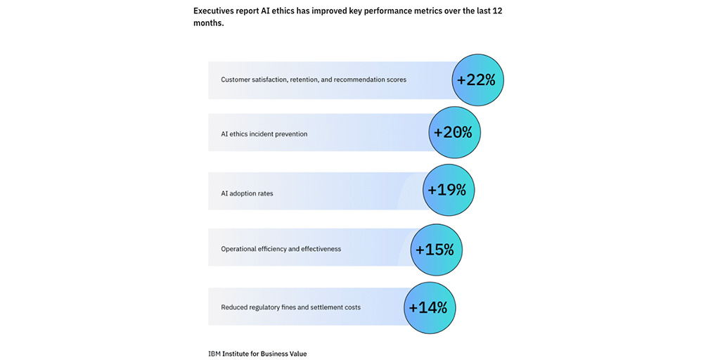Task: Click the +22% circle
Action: click(478, 80)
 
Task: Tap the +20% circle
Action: click(454, 132)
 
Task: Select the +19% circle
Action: click(449, 190)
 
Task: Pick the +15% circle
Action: click(436, 250)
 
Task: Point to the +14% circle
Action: click(430, 307)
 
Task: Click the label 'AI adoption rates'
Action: click(247, 193)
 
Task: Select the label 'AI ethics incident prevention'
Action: click(264, 134)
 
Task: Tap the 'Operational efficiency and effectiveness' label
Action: click(281, 249)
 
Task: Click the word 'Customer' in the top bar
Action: click(236, 79)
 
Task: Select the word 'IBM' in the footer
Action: click(214, 354)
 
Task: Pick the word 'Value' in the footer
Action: click(297, 354)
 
